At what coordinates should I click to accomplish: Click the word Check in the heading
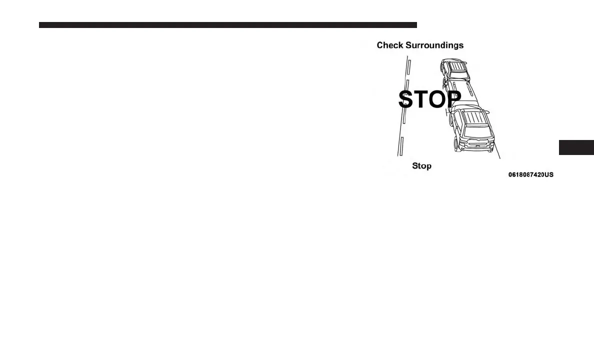pos(389,45)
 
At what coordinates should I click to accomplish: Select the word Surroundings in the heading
pos(434,45)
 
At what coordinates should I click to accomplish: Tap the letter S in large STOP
pos(406,99)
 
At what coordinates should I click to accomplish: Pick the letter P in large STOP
pos(452,99)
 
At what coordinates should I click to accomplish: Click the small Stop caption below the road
pos(421,166)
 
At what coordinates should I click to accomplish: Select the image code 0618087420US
pos(530,175)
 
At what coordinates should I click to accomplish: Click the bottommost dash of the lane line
pos(401,147)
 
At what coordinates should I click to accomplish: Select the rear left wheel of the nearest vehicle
pos(456,144)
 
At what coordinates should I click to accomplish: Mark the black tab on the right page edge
pos(576,148)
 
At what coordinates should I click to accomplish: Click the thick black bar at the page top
pos(227,25)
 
